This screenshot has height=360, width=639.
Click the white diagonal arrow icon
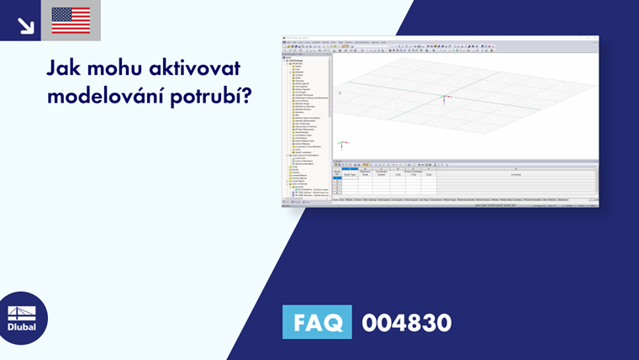tap(25, 24)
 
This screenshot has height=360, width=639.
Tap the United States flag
tap(71, 20)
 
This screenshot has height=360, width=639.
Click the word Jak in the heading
tap(64, 68)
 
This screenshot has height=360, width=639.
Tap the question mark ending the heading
tap(247, 95)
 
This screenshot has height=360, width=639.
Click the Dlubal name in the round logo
tap(22, 326)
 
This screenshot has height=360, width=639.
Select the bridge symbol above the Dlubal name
tap(22, 312)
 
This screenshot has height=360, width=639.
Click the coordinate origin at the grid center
tap(444, 99)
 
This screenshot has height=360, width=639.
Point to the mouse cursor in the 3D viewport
tap(339, 93)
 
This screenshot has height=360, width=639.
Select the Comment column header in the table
tap(515, 174)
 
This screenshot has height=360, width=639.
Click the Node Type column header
tap(351, 174)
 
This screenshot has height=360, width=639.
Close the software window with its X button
tap(595, 39)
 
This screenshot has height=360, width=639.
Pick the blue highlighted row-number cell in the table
tap(337, 178)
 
